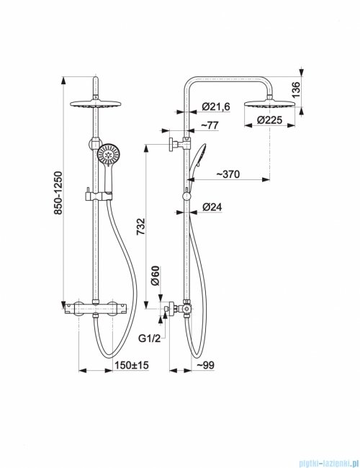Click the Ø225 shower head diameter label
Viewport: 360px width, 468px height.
pos(268,125)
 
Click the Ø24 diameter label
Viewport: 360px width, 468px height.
pos(212,207)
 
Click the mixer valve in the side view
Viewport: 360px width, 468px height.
pos(184,309)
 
